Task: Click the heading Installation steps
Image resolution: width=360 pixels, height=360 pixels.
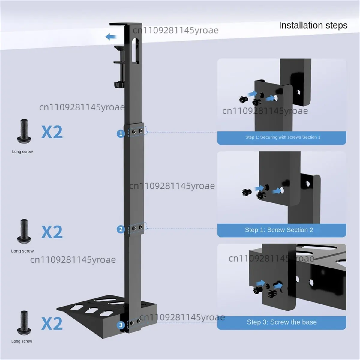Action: (x=313, y=25)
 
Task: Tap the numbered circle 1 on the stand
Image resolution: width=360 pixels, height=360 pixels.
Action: (x=121, y=133)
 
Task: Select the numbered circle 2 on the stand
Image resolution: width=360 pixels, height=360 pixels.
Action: (x=121, y=229)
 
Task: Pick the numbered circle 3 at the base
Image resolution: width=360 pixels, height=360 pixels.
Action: (x=121, y=325)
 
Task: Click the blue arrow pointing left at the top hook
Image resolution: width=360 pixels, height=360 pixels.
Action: (x=111, y=37)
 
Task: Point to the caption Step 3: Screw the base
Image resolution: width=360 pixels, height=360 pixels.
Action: (x=282, y=322)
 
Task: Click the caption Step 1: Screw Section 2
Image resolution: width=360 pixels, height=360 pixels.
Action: (x=279, y=230)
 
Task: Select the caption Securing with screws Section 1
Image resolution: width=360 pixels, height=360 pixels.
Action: (x=290, y=137)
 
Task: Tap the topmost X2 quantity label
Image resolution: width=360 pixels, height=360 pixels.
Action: (x=52, y=132)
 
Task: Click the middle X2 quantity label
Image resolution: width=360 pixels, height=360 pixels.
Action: (x=52, y=232)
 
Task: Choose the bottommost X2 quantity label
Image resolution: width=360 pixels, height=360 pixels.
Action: (x=52, y=323)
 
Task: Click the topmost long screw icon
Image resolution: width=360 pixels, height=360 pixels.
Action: (x=24, y=131)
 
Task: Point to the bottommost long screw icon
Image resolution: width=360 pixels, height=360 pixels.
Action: (x=24, y=323)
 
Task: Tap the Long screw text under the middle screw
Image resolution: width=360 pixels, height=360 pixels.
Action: (x=22, y=251)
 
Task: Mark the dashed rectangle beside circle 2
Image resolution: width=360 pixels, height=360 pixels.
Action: (x=137, y=228)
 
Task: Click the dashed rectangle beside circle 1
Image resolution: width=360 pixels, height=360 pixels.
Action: (x=137, y=131)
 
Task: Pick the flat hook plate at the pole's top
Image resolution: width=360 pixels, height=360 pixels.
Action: (x=125, y=25)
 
